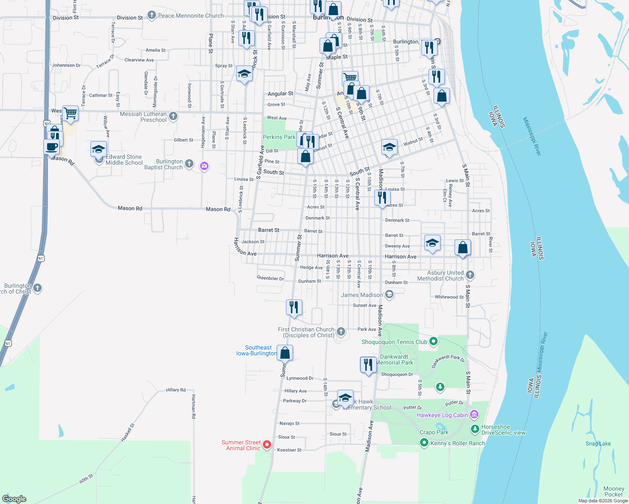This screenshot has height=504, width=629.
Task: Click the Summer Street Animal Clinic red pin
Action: [x=267, y=444]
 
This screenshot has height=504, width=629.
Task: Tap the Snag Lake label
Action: [x=598, y=444]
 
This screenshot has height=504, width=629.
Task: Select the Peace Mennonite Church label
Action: [x=191, y=16]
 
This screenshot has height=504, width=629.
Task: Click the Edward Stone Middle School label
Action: [x=124, y=160]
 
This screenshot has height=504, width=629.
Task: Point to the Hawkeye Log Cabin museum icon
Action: [x=474, y=415]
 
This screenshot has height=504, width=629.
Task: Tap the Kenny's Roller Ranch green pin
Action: [x=424, y=443]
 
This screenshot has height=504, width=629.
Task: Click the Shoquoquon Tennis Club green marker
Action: [x=433, y=342]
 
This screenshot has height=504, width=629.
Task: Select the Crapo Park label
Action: [x=434, y=432]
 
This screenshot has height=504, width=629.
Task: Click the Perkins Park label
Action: [x=279, y=137]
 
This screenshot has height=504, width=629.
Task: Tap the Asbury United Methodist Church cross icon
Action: [x=470, y=275]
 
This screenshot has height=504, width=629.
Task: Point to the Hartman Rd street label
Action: [x=193, y=407]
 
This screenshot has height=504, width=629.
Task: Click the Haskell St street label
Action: [x=128, y=432]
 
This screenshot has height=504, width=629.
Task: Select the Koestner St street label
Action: [x=289, y=450]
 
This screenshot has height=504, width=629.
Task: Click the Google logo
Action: [x=14, y=499]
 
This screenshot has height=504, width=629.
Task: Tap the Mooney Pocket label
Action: [x=613, y=491]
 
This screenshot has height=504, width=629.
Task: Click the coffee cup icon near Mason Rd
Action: [x=52, y=147]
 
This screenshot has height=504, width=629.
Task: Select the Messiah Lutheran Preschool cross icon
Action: [x=173, y=116]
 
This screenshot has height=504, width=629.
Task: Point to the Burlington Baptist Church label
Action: [x=169, y=164]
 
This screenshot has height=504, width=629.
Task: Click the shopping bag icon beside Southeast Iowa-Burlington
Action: [x=285, y=353]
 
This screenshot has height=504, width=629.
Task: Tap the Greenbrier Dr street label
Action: [x=270, y=278]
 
